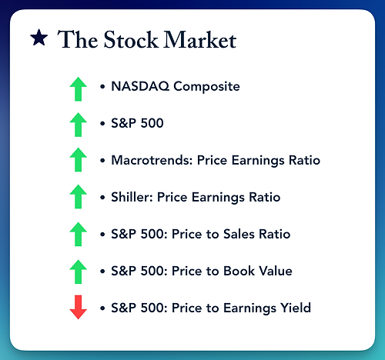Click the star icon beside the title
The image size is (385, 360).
pos(39,38)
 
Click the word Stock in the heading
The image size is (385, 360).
pos(131,39)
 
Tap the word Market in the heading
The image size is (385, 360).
pos(200,39)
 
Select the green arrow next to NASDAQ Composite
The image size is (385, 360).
pos(79,89)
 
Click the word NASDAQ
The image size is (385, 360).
pos(140,86)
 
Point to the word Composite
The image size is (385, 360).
pos(206,87)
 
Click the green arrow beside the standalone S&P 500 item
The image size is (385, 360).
pos(79,125)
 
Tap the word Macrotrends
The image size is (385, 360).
pos(152,160)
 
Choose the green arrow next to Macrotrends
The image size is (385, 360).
pos(79,159)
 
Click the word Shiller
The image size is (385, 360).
pos(132,197)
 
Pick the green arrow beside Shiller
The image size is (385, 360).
pos(79,196)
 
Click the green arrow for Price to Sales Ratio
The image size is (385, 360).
pos(79,234)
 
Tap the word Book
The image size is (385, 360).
pos(239,271)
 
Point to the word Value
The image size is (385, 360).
pos(275,271)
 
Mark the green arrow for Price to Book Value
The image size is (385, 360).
pos(79,272)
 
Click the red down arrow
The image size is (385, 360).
pos(79,307)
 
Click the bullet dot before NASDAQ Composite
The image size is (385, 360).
pos(102,87)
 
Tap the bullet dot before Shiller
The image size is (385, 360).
pos(102,198)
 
